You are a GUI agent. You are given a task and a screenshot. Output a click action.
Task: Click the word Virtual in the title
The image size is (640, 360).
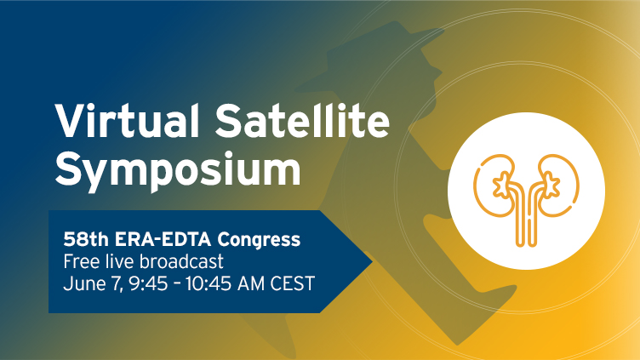click(x=127, y=121)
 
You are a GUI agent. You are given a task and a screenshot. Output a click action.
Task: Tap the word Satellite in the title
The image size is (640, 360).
click(x=302, y=121)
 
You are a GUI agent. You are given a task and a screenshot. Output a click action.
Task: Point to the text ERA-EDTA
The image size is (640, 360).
click(x=163, y=239)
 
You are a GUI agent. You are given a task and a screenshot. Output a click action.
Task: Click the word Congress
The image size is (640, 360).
click(x=259, y=240)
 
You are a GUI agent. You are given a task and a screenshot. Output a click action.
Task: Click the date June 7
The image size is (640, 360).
click(x=93, y=283)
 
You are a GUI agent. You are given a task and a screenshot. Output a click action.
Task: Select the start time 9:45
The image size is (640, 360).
click(x=148, y=283)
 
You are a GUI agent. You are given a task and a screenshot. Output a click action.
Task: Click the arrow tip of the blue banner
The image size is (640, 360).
click(x=372, y=261)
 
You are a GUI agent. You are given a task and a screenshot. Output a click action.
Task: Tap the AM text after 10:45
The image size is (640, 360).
click(x=251, y=283)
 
